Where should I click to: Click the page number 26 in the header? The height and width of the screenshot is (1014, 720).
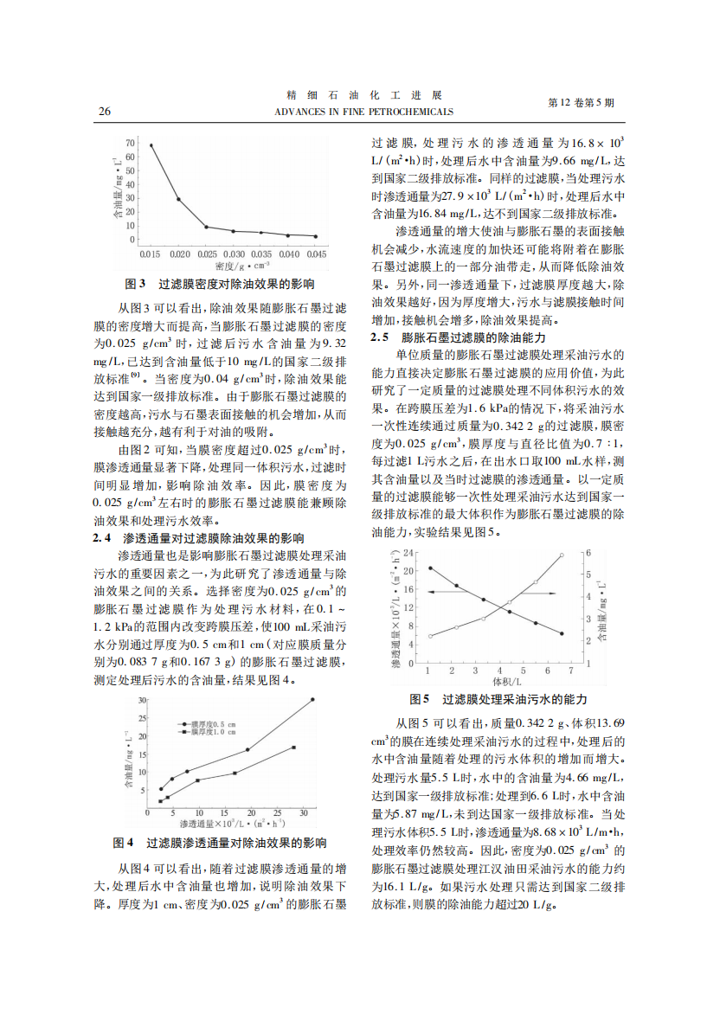point(105,112)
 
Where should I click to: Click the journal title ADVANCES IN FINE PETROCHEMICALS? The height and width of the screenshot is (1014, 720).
point(363,112)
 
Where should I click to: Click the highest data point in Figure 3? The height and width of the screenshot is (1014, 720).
point(151,145)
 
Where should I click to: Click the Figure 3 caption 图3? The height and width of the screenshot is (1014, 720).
point(137,284)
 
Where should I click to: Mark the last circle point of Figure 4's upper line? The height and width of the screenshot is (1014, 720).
point(312,699)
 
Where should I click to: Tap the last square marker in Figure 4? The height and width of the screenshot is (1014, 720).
point(293,748)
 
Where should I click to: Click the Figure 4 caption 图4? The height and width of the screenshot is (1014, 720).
point(124,842)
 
